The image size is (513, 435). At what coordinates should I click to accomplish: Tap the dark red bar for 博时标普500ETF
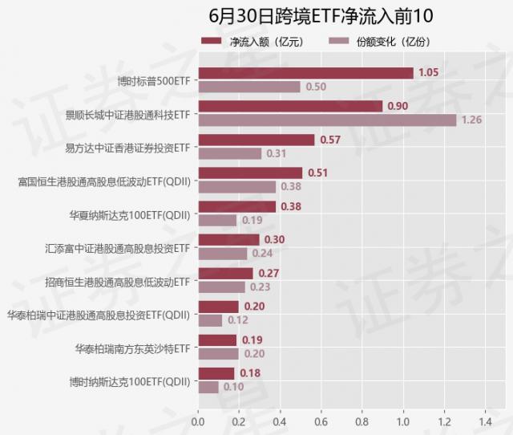305,73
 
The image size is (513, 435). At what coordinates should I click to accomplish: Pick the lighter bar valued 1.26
327,120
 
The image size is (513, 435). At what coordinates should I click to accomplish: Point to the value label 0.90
398,106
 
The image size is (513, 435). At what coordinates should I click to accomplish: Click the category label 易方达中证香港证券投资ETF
127,148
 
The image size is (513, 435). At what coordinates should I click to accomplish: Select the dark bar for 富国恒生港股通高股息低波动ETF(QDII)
250,173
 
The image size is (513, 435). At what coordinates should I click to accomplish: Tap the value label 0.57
330,140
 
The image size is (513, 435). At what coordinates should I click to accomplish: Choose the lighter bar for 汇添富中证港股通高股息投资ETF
223,254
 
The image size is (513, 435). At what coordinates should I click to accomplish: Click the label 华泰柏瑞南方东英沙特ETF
132,348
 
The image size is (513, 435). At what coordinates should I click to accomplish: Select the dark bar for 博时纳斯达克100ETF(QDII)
216,373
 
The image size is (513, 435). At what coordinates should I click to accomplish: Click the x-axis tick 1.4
485,420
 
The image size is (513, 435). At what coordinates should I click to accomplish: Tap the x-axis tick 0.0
198,420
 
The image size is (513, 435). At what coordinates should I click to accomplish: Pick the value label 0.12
238,320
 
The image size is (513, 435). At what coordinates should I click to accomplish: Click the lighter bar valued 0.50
249,87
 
